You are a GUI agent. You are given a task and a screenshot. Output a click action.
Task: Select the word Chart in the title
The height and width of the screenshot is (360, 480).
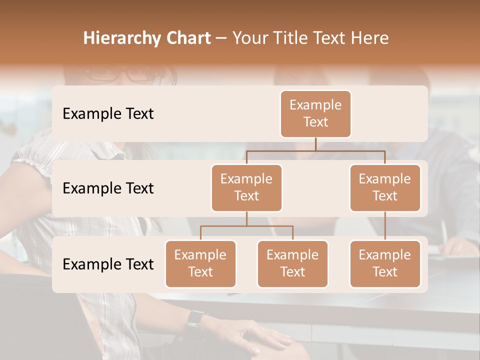point(186,38)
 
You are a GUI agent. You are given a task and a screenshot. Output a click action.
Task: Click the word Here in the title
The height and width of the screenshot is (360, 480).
point(370,38)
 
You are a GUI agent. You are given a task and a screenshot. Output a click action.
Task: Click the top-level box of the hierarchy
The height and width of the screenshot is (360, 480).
point(315,114)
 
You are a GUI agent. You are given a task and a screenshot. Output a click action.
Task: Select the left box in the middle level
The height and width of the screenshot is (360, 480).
point(246,188)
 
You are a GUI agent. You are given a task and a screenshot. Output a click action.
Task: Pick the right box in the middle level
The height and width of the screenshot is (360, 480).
point(385,188)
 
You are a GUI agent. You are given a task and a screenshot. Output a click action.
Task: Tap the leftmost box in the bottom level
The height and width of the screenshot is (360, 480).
point(200,264)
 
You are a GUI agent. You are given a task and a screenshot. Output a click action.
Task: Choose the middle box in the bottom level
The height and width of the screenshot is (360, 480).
point(292,264)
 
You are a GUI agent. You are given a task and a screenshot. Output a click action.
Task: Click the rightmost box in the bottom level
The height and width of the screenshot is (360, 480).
point(385,264)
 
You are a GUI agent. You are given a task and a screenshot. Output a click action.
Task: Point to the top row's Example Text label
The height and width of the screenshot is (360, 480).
point(108,114)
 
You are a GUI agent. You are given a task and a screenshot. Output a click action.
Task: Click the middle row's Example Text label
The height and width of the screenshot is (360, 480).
point(108,188)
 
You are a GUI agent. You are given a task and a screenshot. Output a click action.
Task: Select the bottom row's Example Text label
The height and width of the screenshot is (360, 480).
point(108,264)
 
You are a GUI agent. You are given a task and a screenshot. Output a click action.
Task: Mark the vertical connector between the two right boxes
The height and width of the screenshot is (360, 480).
point(385,226)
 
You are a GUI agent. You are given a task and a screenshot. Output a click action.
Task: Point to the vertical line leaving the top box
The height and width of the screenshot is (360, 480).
point(315,144)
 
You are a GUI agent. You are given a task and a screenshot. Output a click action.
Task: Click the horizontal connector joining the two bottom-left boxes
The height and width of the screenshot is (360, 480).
point(246,226)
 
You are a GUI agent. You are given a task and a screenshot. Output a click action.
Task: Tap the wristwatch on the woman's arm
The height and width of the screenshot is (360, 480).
point(195,318)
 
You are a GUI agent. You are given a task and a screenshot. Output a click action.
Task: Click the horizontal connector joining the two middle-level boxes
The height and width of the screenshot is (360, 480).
point(315,150)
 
